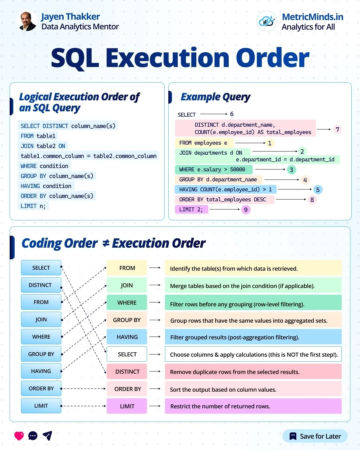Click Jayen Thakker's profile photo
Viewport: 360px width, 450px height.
(27, 21)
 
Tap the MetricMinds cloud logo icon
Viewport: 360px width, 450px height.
(266, 21)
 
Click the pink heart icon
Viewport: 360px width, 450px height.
(19, 436)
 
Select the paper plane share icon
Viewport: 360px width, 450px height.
(48, 436)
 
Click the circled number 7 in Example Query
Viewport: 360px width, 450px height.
(337, 129)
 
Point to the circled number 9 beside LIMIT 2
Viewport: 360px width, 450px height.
(246, 210)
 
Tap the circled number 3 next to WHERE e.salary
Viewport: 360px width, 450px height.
(291, 170)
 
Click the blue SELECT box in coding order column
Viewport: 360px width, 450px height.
(41, 268)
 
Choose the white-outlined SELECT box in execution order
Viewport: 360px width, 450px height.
(127, 354)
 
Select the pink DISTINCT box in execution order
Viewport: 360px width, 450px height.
(127, 372)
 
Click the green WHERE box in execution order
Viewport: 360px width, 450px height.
(127, 303)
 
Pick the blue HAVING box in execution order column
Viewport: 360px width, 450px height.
(127, 337)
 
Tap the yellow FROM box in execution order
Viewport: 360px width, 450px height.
(127, 268)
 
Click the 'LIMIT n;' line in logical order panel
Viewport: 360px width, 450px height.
(33, 206)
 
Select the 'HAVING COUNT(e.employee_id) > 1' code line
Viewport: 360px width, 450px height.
(225, 190)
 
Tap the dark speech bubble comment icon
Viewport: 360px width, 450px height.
(33, 436)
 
